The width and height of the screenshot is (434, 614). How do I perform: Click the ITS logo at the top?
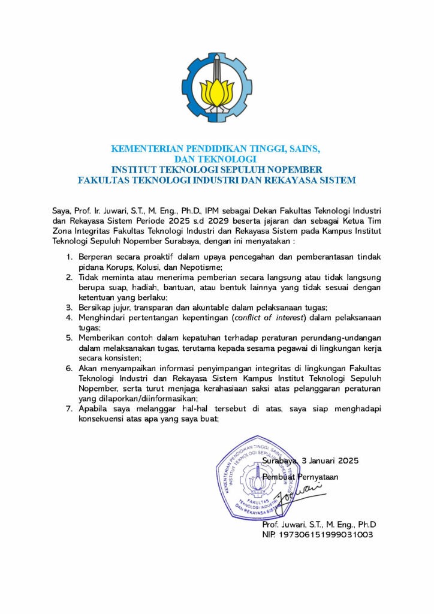point(217,88)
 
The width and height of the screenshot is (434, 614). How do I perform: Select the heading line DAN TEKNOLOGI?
point(217,159)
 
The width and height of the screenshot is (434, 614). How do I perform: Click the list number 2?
point(70,277)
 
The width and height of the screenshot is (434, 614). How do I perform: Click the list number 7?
point(70,410)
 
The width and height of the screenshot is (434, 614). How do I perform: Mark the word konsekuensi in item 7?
point(104,420)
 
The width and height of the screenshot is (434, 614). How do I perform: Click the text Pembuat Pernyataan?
point(300,477)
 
